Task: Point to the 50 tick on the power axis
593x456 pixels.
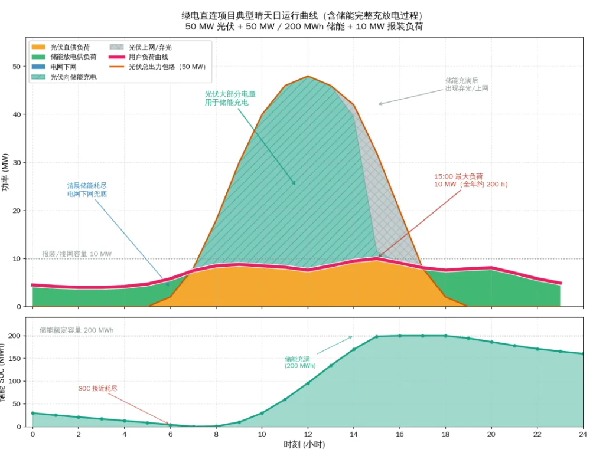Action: pyautogui.click(x=17, y=67)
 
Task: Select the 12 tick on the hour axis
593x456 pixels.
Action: pyautogui.click(x=308, y=434)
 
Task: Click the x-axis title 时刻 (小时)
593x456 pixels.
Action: pyautogui.click(x=304, y=444)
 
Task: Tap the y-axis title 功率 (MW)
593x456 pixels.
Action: pyautogui.click(x=5, y=172)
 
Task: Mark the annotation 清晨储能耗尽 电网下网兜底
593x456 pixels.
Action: pyautogui.click(x=87, y=189)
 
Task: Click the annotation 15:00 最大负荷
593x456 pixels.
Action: pyautogui.click(x=458, y=176)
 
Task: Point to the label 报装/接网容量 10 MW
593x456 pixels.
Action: pyautogui.click(x=77, y=254)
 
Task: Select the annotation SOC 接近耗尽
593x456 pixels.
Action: pyautogui.click(x=97, y=388)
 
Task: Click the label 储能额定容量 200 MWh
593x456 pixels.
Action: pyautogui.click(x=76, y=330)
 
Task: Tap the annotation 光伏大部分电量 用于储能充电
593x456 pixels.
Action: pyautogui.click(x=230, y=99)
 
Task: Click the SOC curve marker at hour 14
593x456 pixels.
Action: pyautogui.click(x=354, y=349)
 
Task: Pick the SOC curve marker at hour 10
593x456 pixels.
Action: pyautogui.click(x=262, y=414)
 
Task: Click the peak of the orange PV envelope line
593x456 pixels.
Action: pyautogui.click(x=308, y=76)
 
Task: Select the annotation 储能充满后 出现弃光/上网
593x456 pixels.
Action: pyautogui.click(x=467, y=84)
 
